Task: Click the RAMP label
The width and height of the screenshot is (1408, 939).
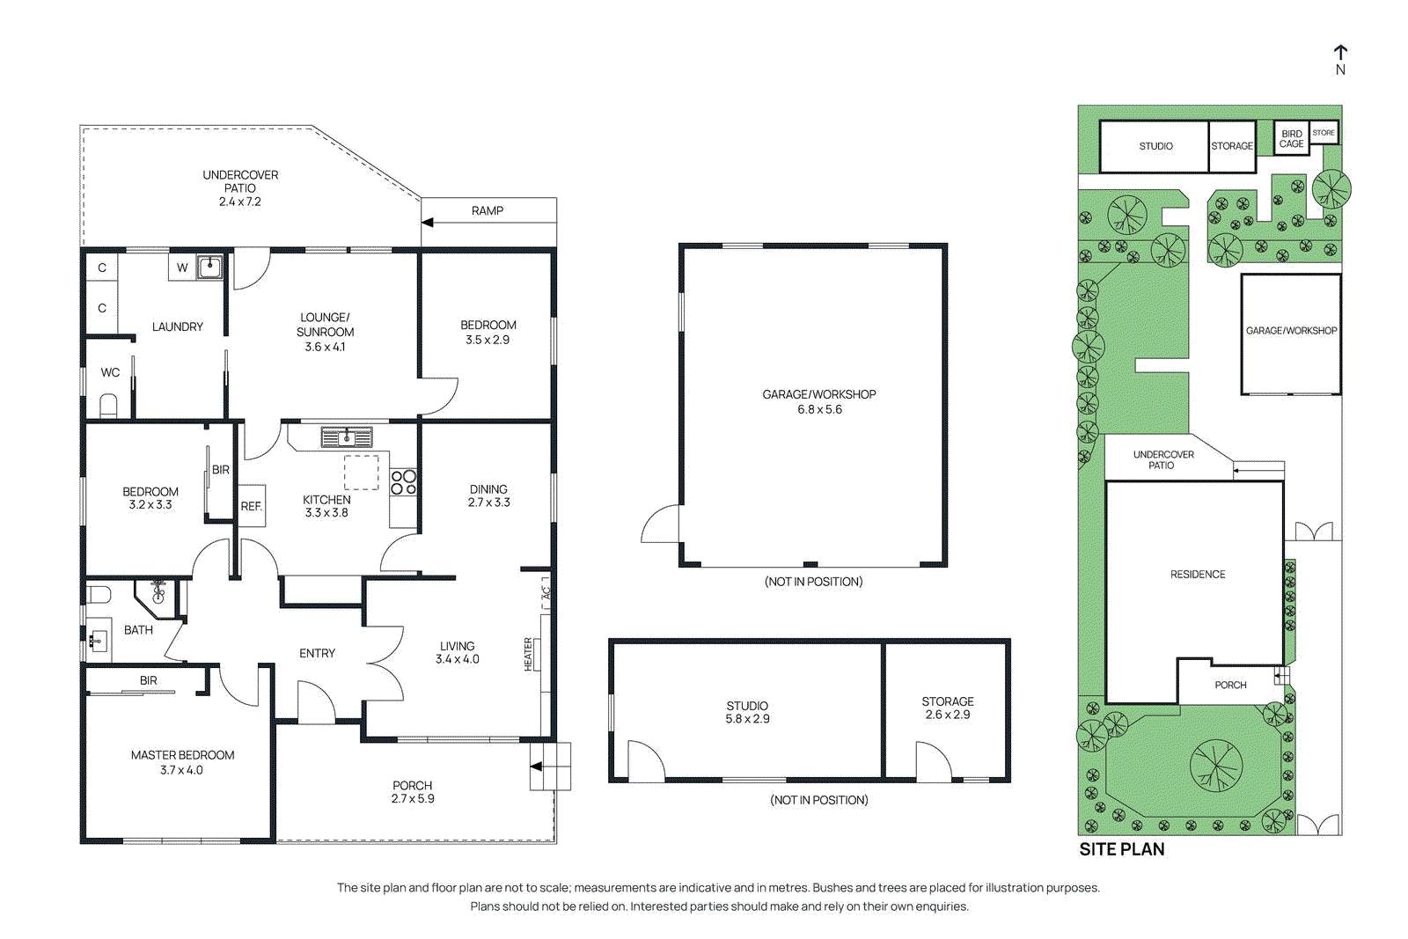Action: [487, 211]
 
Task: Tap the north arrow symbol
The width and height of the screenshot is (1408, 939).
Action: [1340, 54]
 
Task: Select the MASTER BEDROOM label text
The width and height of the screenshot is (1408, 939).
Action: [182, 755]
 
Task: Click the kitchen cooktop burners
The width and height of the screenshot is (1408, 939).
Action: [404, 482]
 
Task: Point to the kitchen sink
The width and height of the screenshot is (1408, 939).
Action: [346, 436]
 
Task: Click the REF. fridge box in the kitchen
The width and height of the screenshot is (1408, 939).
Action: [252, 506]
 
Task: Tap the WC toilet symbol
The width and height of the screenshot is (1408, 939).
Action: [109, 406]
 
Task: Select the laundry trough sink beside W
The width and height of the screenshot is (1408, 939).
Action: [209, 267]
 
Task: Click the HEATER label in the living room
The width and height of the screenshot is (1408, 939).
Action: [529, 655]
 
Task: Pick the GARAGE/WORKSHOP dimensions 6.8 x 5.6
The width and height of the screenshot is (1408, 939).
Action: [819, 409]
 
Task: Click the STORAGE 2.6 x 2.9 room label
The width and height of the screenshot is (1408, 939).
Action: [947, 708]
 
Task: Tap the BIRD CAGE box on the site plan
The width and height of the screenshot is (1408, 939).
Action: [1291, 139]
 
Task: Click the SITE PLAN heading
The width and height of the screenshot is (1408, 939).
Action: [1121, 849]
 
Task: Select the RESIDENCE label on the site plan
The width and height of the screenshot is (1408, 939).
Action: [1197, 575]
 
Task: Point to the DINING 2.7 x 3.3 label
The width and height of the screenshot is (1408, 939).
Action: [488, 495]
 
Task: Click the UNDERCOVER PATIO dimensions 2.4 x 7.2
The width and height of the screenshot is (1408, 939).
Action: [239, 202]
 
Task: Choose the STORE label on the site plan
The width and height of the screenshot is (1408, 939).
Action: [1323, 133]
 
